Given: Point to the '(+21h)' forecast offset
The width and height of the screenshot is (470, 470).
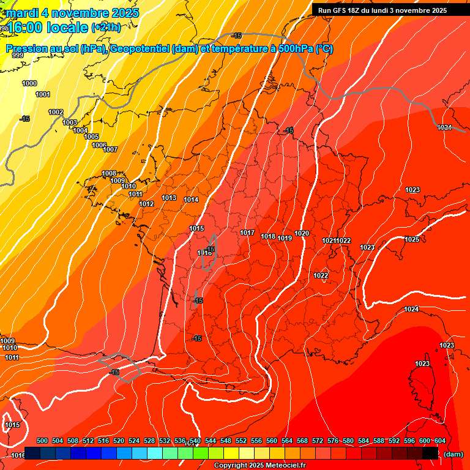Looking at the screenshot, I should click(x=106, y=28).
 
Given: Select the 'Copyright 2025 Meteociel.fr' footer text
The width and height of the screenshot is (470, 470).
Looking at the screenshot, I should click(x=260, y=466).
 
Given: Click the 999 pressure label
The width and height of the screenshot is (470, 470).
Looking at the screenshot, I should click(x=18, y=55).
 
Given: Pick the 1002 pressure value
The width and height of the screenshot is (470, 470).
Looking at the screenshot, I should click(x=56, y=112).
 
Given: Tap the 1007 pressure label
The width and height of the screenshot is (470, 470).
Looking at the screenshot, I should click(x=110, y=149).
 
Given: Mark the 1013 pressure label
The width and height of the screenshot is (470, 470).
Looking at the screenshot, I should click(x=169, y=198).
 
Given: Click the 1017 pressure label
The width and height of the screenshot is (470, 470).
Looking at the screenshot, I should click(x=247, y=233).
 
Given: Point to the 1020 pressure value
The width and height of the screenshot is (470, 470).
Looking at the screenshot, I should click(x=302, y=233).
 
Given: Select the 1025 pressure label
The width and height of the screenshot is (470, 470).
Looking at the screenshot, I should click(x=412, y=239).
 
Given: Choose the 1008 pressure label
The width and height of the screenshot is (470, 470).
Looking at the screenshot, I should click(x=109, y=173).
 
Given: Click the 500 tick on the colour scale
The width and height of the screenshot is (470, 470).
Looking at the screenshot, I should click(x=42, y=441).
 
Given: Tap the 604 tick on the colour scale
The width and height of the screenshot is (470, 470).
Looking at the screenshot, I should click(x=439, y=441).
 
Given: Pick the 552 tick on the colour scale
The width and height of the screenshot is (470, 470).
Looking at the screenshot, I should click(x=241, y=441).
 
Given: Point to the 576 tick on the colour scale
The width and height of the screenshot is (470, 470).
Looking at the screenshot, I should click(x=333, y=441).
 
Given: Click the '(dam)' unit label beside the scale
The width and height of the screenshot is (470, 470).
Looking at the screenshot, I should click(x=453, y=453).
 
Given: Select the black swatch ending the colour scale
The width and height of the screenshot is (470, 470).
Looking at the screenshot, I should click(x=430, y=453).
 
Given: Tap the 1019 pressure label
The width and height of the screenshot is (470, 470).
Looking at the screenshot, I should click(x=285, y=238).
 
